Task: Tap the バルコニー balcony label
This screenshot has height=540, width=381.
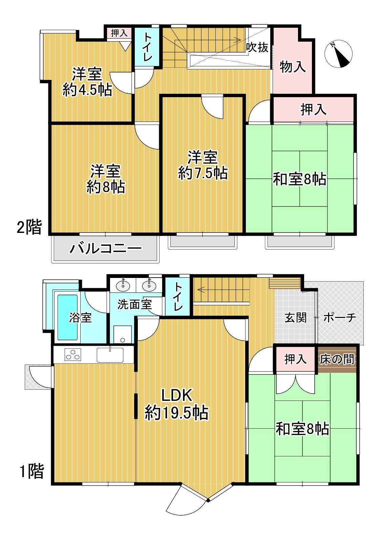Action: coord(106,249)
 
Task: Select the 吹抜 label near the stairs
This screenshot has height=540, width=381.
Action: coord(257,47)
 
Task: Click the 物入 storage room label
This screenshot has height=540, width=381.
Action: coord(293,66)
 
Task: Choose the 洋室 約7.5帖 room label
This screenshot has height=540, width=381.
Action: coord(203,165)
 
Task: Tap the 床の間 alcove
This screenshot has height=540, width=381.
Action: coord(337,360)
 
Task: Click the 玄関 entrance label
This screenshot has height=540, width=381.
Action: coord(295,318)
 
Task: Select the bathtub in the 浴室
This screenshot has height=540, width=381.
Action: coord(67,317)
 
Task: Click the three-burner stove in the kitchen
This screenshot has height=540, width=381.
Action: coord(72,354)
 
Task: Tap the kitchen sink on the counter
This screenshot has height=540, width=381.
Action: coord(110,355)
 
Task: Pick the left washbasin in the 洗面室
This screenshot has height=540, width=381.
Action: coord(123,286)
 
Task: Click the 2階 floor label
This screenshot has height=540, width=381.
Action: coord(29,227)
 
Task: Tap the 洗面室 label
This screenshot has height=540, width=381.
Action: coord(134,305)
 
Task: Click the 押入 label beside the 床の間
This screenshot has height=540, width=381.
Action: coord(295,359)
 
